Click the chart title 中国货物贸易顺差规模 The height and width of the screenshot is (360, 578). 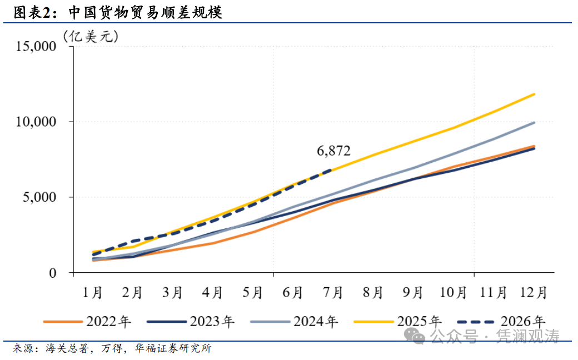(145, 13)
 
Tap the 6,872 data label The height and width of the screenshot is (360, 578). (333, 151)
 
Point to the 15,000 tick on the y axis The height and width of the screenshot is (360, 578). (36, 47)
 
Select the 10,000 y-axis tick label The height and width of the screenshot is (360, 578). (36, 122)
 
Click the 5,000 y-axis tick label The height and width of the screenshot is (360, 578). (39, 197)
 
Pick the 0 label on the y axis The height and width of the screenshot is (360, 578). (53, 273)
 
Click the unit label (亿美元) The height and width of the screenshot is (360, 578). (91, 37)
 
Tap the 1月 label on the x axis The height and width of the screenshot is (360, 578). (92, 293)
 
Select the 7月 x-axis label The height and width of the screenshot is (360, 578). (333, 293)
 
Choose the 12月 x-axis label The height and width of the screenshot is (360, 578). (534, 293)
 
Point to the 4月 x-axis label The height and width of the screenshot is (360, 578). (212, 293)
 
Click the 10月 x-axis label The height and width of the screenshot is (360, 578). (453, 293)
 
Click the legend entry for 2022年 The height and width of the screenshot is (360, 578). (87, 322)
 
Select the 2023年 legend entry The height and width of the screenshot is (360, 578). (191, 322)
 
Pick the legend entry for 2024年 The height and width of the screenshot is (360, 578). (294, 322)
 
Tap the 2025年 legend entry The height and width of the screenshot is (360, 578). (398, 322)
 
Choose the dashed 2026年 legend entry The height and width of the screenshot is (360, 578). (501, 322)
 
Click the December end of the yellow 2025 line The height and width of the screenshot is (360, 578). (534, 94)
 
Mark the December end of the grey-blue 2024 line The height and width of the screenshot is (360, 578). (534, 122)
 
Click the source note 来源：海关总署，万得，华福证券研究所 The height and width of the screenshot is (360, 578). (112, 348)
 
